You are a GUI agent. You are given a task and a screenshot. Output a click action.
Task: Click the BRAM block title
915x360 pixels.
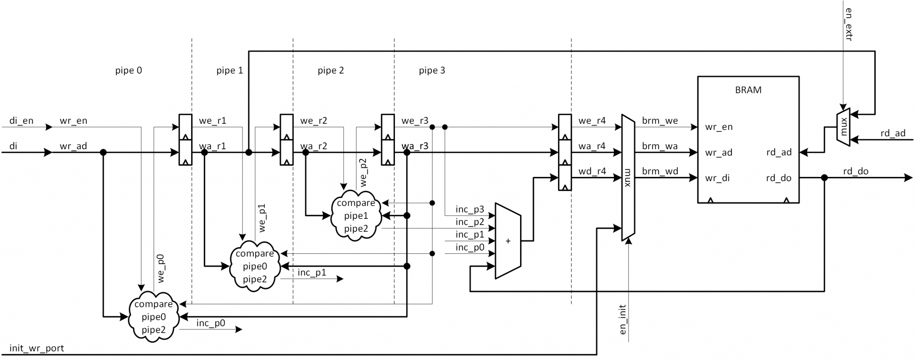pos(748,90)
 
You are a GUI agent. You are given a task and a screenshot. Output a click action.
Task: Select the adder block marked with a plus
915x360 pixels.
pos(508,241)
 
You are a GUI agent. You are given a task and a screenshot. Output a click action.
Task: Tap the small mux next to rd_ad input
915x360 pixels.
pos(843,127)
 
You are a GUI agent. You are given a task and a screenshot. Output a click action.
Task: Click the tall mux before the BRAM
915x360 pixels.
pos(628,178)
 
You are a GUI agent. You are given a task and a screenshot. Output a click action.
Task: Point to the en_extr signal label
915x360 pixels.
pos(848,25)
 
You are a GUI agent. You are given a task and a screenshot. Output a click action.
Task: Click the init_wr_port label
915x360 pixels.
pos(37,348)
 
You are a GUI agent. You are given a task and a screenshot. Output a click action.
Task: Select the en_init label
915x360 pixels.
pos(623,320)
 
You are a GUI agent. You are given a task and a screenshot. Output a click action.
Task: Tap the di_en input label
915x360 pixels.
pos(21,121)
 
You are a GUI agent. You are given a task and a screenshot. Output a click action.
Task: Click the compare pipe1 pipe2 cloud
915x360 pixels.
pos(356,216)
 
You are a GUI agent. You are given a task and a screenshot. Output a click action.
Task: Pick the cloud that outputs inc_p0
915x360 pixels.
pos(153,317)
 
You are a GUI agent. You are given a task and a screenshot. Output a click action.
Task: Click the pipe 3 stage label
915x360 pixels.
pos(432,70)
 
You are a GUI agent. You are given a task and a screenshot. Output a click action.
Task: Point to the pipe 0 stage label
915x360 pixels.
pos(128,70)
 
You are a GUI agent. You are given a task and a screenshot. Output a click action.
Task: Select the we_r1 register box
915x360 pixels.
pos(185,127)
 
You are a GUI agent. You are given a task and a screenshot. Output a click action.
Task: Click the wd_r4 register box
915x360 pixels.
pos(565,178)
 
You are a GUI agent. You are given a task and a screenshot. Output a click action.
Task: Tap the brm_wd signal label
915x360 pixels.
pos(660,171)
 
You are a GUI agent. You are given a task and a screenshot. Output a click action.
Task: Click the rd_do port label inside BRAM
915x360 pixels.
pos(778,178)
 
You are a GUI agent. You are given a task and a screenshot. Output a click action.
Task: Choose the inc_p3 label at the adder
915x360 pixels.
pos(470,209)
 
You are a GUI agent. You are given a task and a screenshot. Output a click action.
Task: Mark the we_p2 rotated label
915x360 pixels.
pos(363,172)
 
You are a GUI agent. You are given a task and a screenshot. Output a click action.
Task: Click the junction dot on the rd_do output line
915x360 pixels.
pos(824,178)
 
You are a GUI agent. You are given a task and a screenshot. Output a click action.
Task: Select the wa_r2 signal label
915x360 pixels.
pos(313,146)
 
